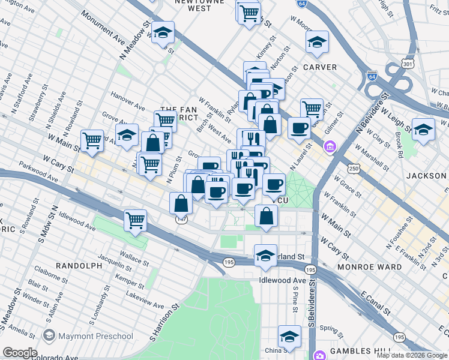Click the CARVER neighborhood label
point(320,67)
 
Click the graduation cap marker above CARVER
point(317,41)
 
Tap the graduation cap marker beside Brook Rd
point(423,130)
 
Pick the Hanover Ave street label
point(127,101)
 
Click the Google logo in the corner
point(20,352)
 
